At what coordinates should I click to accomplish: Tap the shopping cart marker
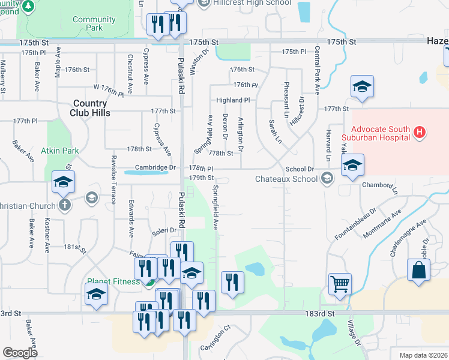click(x=340, y=284)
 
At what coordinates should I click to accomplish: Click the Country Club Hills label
click(x=90, y=108)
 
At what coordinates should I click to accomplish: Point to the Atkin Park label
click(x=61, y=150)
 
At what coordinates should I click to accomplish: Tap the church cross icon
click(x=65, y=205)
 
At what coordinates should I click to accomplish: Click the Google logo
click(x=20, y=352)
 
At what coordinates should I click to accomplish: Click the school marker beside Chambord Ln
click(x=352, y=166)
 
